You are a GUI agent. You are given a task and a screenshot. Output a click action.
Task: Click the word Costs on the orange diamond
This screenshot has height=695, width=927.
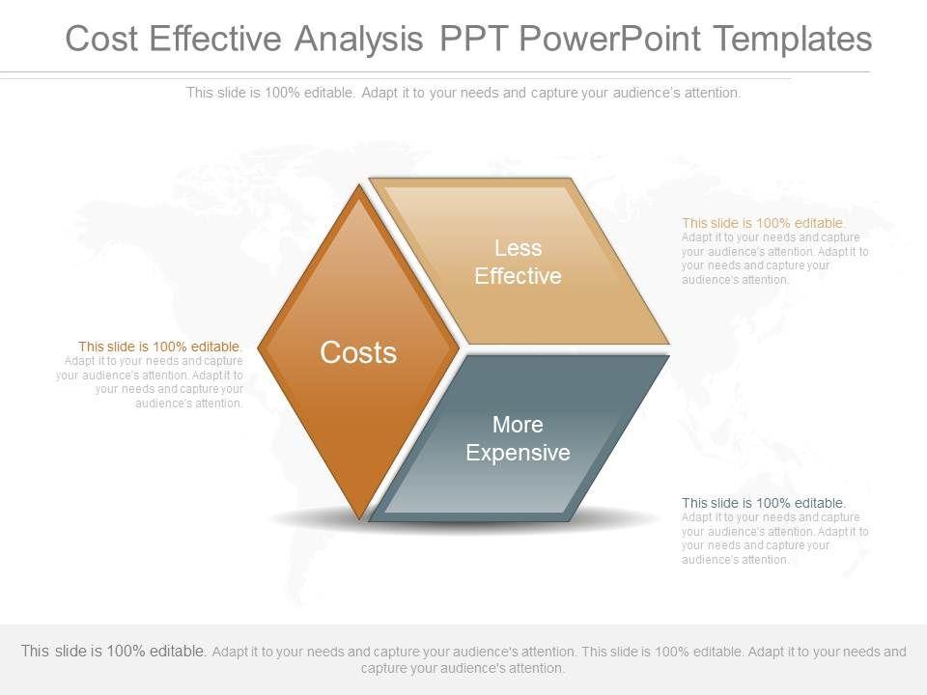click(358, 352)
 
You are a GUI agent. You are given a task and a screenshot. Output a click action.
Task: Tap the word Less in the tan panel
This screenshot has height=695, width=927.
click(518, 248)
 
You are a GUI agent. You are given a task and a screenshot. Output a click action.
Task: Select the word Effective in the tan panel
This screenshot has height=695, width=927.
click(518, 276)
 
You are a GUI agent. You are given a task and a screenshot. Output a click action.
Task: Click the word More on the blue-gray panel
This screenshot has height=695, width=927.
click(518, 425)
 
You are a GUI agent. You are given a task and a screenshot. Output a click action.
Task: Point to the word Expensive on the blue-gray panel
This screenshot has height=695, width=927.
click(518, 453)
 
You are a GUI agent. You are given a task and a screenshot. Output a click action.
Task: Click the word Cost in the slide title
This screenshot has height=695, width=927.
click(101, 39)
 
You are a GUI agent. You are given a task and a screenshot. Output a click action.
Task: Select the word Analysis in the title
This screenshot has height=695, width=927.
click(359, 39)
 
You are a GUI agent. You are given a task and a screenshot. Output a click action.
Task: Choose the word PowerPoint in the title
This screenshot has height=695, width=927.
click(610, 39)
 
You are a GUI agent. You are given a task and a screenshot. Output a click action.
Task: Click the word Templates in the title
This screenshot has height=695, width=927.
click(792, 39)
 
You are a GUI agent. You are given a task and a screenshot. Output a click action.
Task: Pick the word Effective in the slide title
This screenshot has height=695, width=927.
click(215, 39)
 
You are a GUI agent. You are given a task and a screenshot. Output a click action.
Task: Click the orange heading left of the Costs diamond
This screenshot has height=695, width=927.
click(160, 347)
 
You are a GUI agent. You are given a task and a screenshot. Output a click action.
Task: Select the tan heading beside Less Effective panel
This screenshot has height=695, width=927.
click(764, 223)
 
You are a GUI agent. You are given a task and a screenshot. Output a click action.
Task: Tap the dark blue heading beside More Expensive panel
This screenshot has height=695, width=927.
click(764, 503)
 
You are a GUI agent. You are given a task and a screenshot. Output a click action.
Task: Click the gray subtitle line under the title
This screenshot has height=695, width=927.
click(463, 93)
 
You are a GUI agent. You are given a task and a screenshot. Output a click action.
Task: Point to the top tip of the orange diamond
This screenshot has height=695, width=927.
click(359, 185)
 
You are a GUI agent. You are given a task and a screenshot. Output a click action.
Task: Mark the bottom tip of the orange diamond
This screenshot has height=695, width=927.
click(359, 520)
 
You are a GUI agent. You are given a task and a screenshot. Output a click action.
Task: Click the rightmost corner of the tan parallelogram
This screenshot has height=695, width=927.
click(669, 344)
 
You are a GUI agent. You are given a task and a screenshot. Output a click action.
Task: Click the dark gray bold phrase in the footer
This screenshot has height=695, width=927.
click(114, 651)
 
